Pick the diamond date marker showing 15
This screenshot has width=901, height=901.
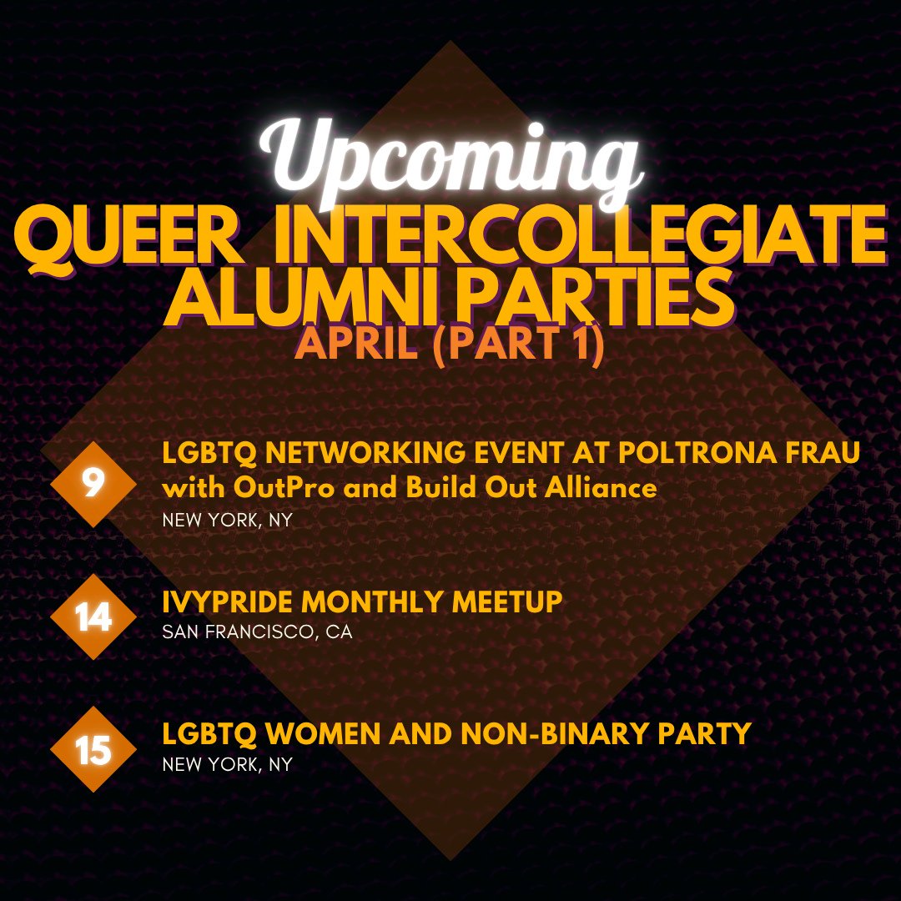(93, 750)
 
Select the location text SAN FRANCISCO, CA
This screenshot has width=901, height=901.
(257, 632)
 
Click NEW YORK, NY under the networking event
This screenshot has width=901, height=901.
(227, 520)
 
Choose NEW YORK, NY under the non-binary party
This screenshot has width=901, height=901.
(227, 764)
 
